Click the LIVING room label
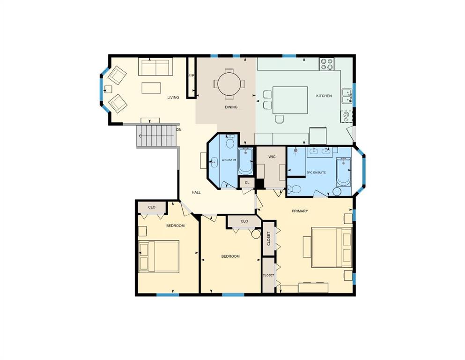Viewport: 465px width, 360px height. click(x=173, y=97)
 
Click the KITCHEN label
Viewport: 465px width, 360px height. click(x=324, y=96)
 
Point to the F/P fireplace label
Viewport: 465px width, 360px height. click(x=191, y=75)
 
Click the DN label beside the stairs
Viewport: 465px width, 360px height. click(x=179, y=130)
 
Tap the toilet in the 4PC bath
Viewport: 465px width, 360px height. click(x=230, y=142)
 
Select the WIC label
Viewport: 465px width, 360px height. click(x=272, y=157)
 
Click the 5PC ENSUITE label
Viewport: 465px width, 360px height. click(x=317, y=172)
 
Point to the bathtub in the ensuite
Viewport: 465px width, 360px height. click(x=343, y=172)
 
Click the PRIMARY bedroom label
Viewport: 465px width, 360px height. click(x=300, y=211)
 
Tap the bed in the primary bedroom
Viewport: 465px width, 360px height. click(x=332, y=247)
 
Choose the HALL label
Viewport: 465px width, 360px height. click(x=196, y=192)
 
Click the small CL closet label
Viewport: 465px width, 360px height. click(x=247, y=182)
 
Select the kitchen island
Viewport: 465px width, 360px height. click(x=290, y=100)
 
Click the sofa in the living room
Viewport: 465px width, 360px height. click(x=155, y=67)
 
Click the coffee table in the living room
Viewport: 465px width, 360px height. click(x=151, y=88)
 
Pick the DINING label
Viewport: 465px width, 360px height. click(x=231, y=107)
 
